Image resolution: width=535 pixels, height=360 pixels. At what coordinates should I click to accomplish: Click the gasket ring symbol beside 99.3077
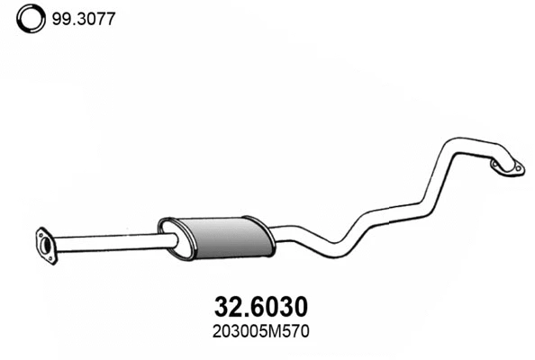(x=30, y=18)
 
